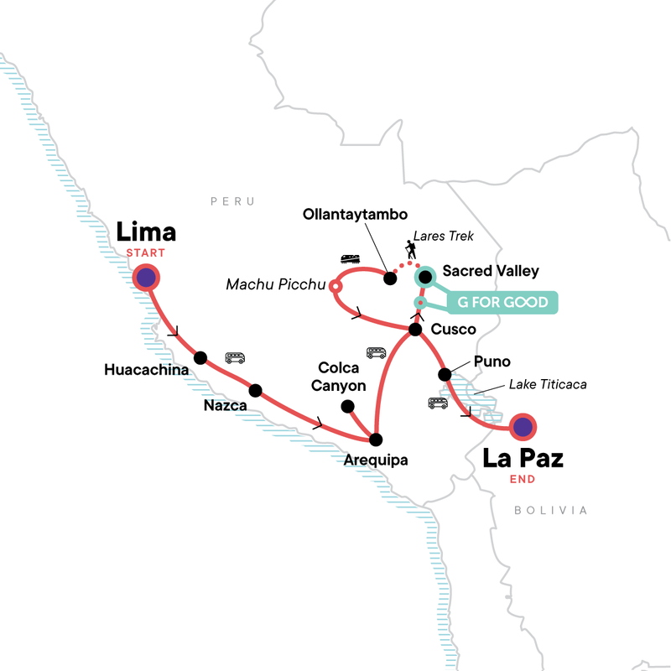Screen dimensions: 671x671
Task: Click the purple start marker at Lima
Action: (x=146, y=278)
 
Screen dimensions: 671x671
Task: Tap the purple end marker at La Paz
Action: (x=523, y=428)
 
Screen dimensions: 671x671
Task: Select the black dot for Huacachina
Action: (x=200, y=358)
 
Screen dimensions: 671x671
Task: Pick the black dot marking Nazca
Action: (x=256, y=390)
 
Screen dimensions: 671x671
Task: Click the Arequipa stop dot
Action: (x=376, y=439)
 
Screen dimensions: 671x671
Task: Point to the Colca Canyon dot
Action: (x=346, y=406)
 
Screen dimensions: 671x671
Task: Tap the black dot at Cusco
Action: (x=414, y=330)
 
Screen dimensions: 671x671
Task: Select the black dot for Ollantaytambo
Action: (x=389, y=278)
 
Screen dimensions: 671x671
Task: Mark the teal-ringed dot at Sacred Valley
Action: (x=424, y=274)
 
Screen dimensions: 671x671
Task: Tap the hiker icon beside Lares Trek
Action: (x=410, y=249)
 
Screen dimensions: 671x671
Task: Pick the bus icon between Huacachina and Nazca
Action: (x=235, y=358)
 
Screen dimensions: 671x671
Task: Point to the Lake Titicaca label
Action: (x=547, y=385)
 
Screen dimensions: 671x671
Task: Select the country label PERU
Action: (x=231, y=202)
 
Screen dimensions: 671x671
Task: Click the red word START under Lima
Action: (x=145, y=252)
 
